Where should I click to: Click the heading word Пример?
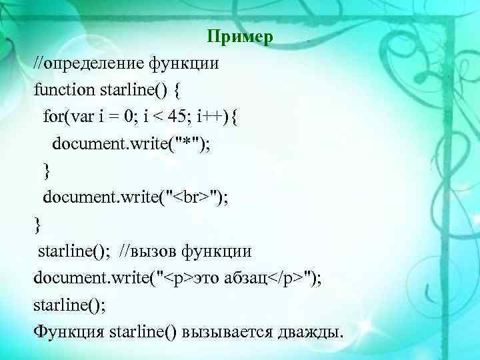click(x=239, y=37)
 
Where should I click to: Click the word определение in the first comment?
click(x=91, y=65)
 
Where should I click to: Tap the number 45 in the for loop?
click(x=177, y=117)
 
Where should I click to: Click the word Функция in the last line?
click(x=69, y=331)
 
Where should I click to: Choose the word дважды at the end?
click(x=313, y=331)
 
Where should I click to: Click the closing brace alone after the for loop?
click(x=46, y=171)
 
